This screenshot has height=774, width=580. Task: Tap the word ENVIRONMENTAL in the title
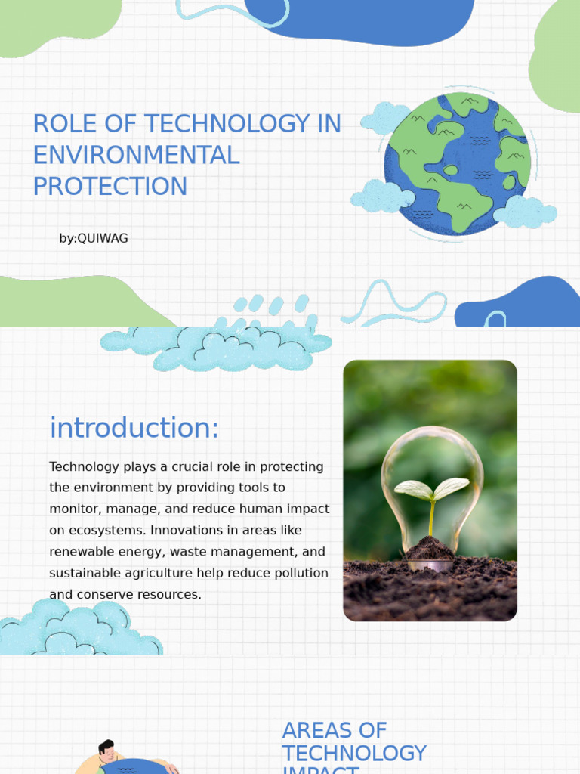point(136,155)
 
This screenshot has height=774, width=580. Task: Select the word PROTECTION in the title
point(110,186)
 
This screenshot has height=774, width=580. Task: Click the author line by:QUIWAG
point(94,238)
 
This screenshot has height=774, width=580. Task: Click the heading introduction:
point(134,428)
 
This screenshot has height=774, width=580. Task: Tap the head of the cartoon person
point(106,751)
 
